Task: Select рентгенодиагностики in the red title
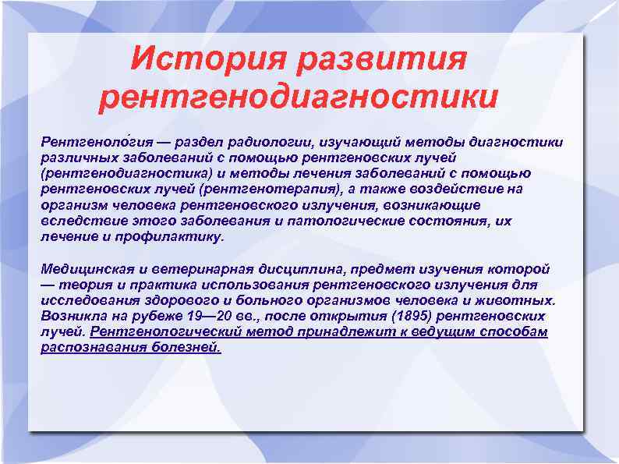click(x=299, y=97)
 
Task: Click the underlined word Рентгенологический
click(x=168, y=331)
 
